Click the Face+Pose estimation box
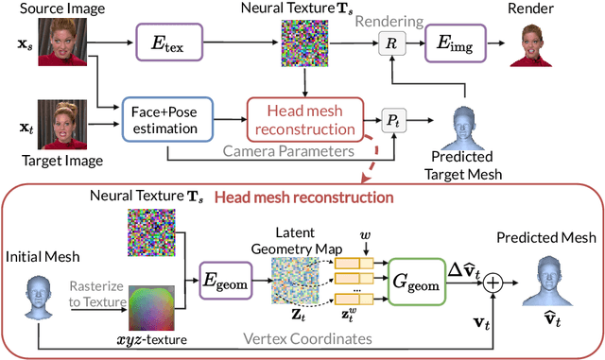click(169, 121)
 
